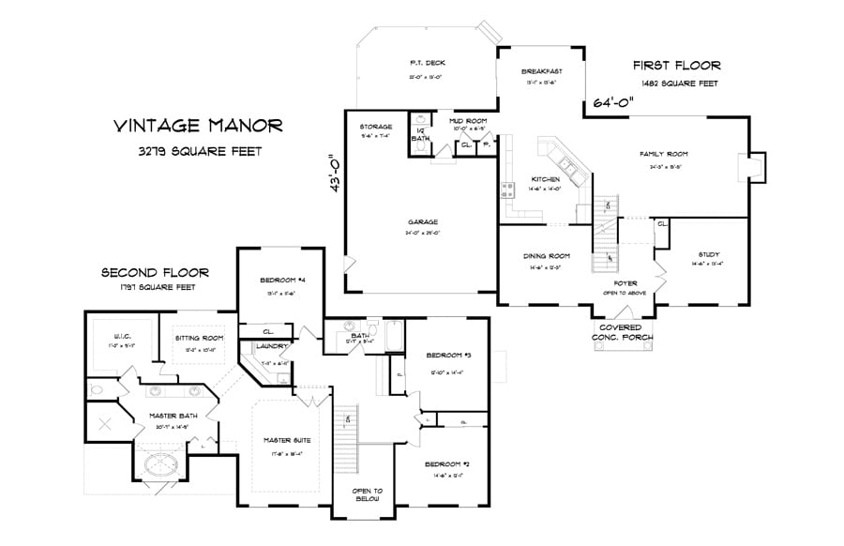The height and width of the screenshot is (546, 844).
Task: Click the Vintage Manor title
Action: pos(196,125)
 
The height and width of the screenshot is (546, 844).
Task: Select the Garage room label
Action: pos(424,222)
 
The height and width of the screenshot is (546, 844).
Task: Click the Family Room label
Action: pos(664,154)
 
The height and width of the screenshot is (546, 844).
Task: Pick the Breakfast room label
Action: pos(542,70)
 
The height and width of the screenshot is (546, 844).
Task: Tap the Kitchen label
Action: pos(546,179)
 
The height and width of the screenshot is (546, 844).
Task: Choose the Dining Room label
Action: pos(546,255)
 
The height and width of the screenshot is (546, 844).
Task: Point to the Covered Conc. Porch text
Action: pos(622,332)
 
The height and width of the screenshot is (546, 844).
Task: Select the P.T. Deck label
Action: pos(425,64)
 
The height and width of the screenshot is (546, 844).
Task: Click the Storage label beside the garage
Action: pos(375,127)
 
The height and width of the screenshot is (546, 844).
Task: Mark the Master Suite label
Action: pos(288,440)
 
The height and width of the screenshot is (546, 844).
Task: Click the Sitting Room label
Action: pos(199,338)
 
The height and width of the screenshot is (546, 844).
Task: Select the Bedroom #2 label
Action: pos(445,463)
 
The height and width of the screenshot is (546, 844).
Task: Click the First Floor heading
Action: pos(676,66)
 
